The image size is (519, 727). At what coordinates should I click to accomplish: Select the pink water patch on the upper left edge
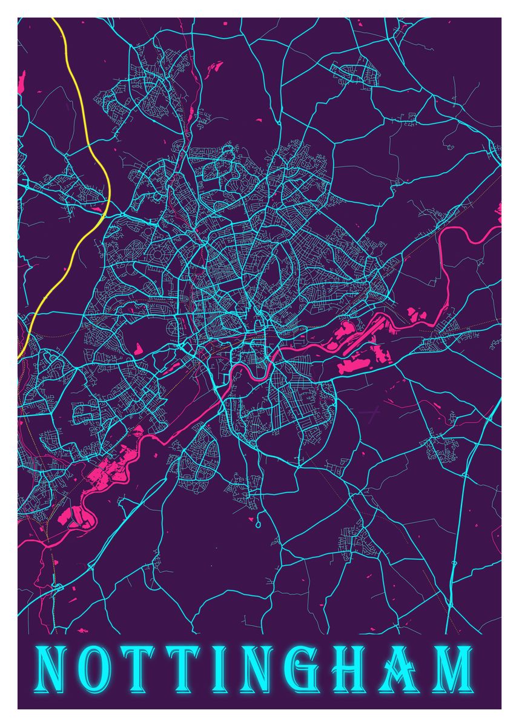coord(23,82)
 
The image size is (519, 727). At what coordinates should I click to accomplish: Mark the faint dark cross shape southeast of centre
coord(371,415)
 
